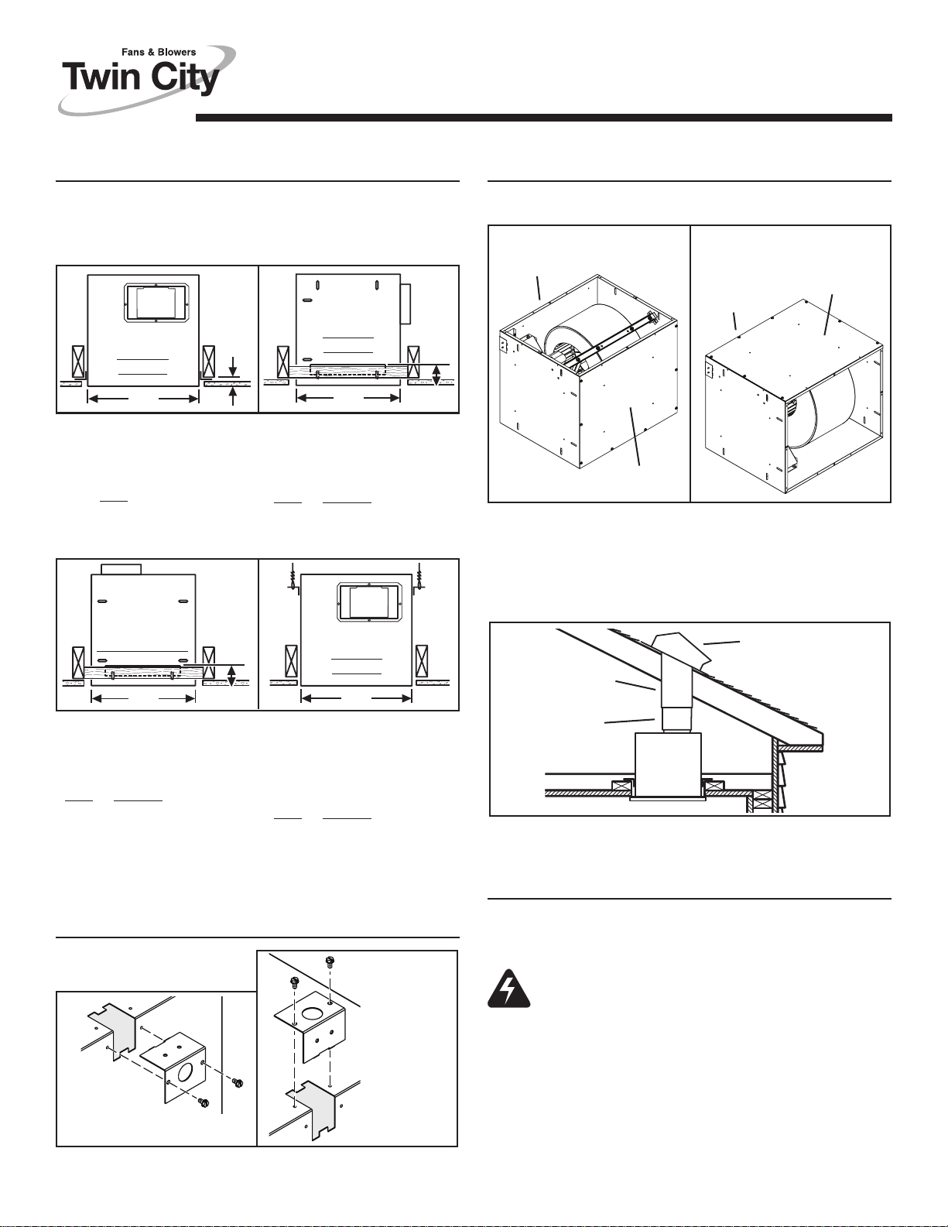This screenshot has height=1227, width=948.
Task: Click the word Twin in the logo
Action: point(101,77)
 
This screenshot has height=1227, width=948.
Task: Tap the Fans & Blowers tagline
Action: point(159,52)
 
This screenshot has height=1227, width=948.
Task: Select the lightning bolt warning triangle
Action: point(508,989)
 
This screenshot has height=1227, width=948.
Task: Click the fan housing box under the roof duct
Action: point(669,764)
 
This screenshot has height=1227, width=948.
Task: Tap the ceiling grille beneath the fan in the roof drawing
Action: point(669,798)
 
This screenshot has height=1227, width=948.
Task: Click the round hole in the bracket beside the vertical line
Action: point(185,1071)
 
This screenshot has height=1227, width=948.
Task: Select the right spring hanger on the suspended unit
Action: point(419,577)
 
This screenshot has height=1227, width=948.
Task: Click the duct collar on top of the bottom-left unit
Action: point(121,569)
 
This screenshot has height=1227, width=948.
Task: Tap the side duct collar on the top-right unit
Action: point(406,304)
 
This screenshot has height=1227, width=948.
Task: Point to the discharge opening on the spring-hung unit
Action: point(368,602)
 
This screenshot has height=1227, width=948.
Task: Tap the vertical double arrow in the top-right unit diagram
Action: point(436,375)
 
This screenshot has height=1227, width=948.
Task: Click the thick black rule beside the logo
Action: point(543,118)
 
